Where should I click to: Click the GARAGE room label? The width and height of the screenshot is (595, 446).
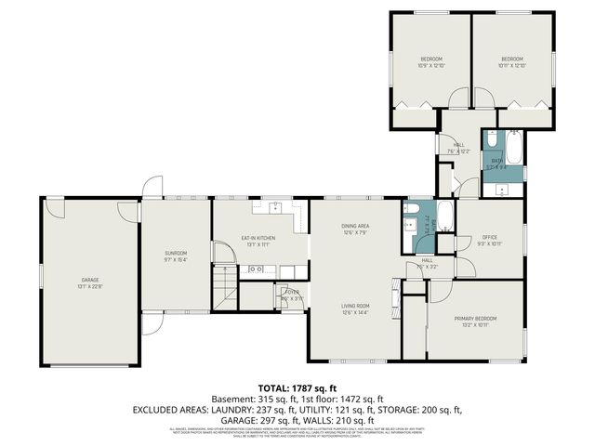(x=89, y=280)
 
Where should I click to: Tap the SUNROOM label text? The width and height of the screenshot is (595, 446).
(x=177, y=254)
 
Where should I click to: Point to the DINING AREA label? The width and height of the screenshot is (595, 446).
(x=355, y=226)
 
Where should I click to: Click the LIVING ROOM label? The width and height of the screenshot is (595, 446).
(x=355, y=306)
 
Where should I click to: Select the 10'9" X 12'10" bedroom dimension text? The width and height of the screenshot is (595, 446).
(x=430, y=66)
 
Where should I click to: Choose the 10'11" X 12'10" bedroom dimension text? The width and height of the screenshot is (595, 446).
(x=511, y=66)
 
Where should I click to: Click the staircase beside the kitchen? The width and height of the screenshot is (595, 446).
(x=224, y=283)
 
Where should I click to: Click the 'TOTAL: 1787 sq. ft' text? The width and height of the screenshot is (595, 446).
(x=297, y=387)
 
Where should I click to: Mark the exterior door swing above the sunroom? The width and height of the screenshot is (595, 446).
(x=150, y=188)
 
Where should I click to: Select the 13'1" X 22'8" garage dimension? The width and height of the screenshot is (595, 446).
(x=89, y=286)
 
